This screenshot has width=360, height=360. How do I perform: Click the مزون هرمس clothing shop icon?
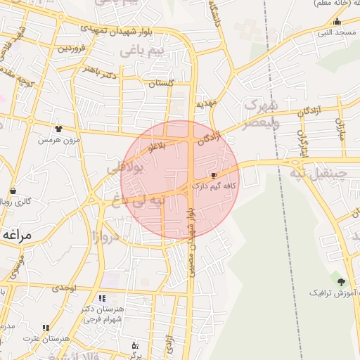click(58, 129)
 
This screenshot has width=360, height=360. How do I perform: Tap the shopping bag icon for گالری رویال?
click(13, 191)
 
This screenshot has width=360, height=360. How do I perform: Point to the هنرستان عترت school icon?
click(46, 328)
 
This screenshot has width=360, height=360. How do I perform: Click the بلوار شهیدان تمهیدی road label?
click(141, 32)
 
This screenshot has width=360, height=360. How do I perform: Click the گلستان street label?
click(161, 83)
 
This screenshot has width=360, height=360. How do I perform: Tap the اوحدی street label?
click(63, 288)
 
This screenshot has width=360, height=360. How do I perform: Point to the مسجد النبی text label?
click(334, 32)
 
